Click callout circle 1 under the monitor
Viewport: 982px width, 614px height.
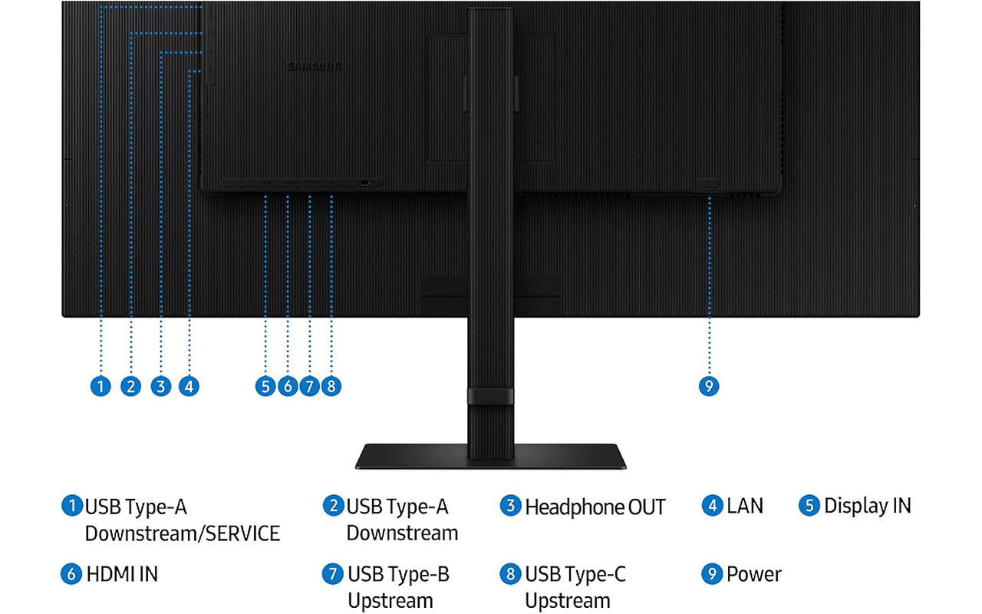point(101,385)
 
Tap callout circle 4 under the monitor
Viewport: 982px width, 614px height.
point(189,385)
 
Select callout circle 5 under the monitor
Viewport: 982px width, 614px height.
point(265,385)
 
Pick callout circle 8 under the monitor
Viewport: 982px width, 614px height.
point(331,385)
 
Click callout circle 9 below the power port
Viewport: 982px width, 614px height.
point(710,385)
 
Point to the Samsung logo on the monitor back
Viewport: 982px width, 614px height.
point(315,67)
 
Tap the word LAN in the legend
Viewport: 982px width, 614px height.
point(745,507)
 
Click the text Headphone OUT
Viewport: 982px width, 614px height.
point(595,507)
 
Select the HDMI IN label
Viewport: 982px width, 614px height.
point(123,574)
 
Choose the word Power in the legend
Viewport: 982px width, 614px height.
point(754,574)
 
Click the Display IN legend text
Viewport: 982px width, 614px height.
point(867,507)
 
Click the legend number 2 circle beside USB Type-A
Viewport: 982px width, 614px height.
point(332,507)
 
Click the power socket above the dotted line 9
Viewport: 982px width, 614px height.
point(707,184)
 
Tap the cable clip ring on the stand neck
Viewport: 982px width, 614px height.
point(490,396)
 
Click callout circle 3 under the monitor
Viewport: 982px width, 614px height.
point(160,385)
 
